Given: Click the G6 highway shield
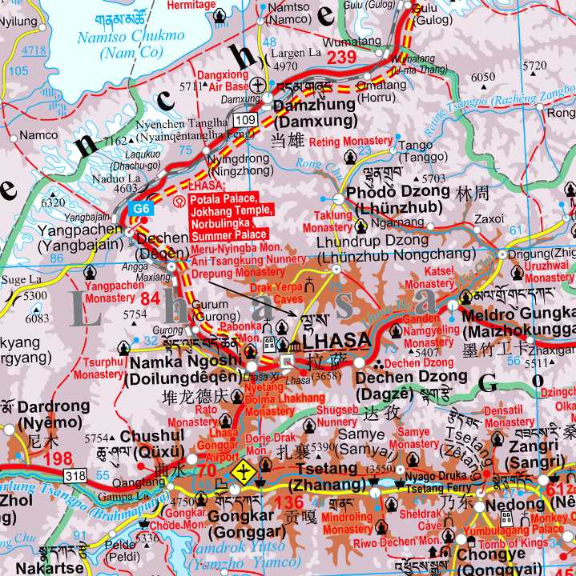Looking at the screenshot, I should pos(141,208).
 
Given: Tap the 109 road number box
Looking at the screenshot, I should pos(245,119).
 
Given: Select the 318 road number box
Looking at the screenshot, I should pos(75,476).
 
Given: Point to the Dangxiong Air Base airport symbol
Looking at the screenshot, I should pos(258,84).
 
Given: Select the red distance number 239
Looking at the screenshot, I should pos(340,57).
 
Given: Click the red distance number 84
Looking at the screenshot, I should pos(151,299).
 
